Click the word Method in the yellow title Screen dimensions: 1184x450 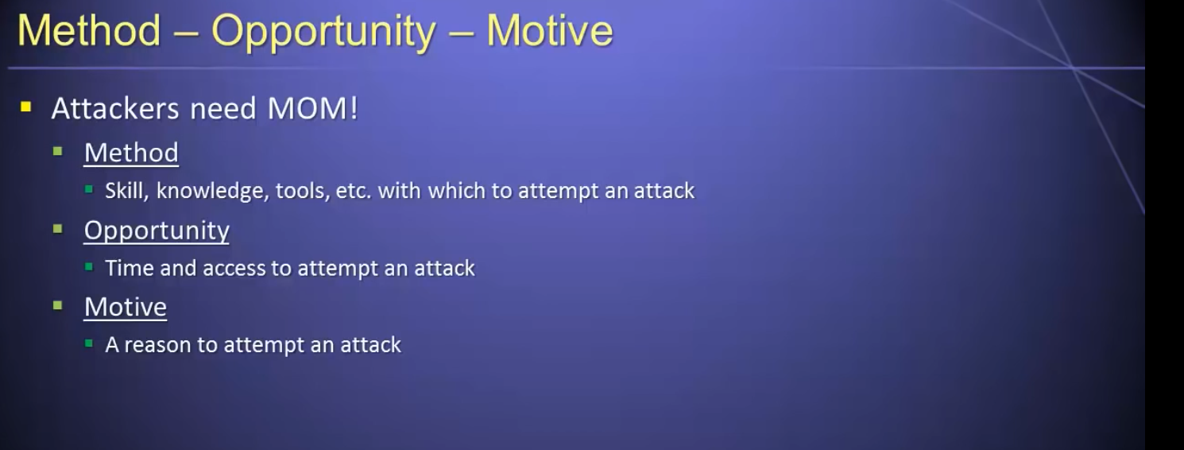point(89,31)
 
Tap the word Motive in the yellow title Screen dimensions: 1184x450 point(550,31)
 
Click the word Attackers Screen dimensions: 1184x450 point(115,108)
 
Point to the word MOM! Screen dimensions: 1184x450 point(313,108)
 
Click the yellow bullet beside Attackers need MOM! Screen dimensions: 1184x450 point(26,107)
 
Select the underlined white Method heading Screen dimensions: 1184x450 point(131,153)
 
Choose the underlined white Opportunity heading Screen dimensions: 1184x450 point(157,231)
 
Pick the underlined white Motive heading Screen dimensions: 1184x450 point(126,307)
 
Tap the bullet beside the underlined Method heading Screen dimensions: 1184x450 point(58,153)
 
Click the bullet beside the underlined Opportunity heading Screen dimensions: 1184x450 point(58,229)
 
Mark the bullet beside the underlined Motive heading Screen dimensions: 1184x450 point(58,305)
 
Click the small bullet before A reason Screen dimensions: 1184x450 point(89,344)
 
